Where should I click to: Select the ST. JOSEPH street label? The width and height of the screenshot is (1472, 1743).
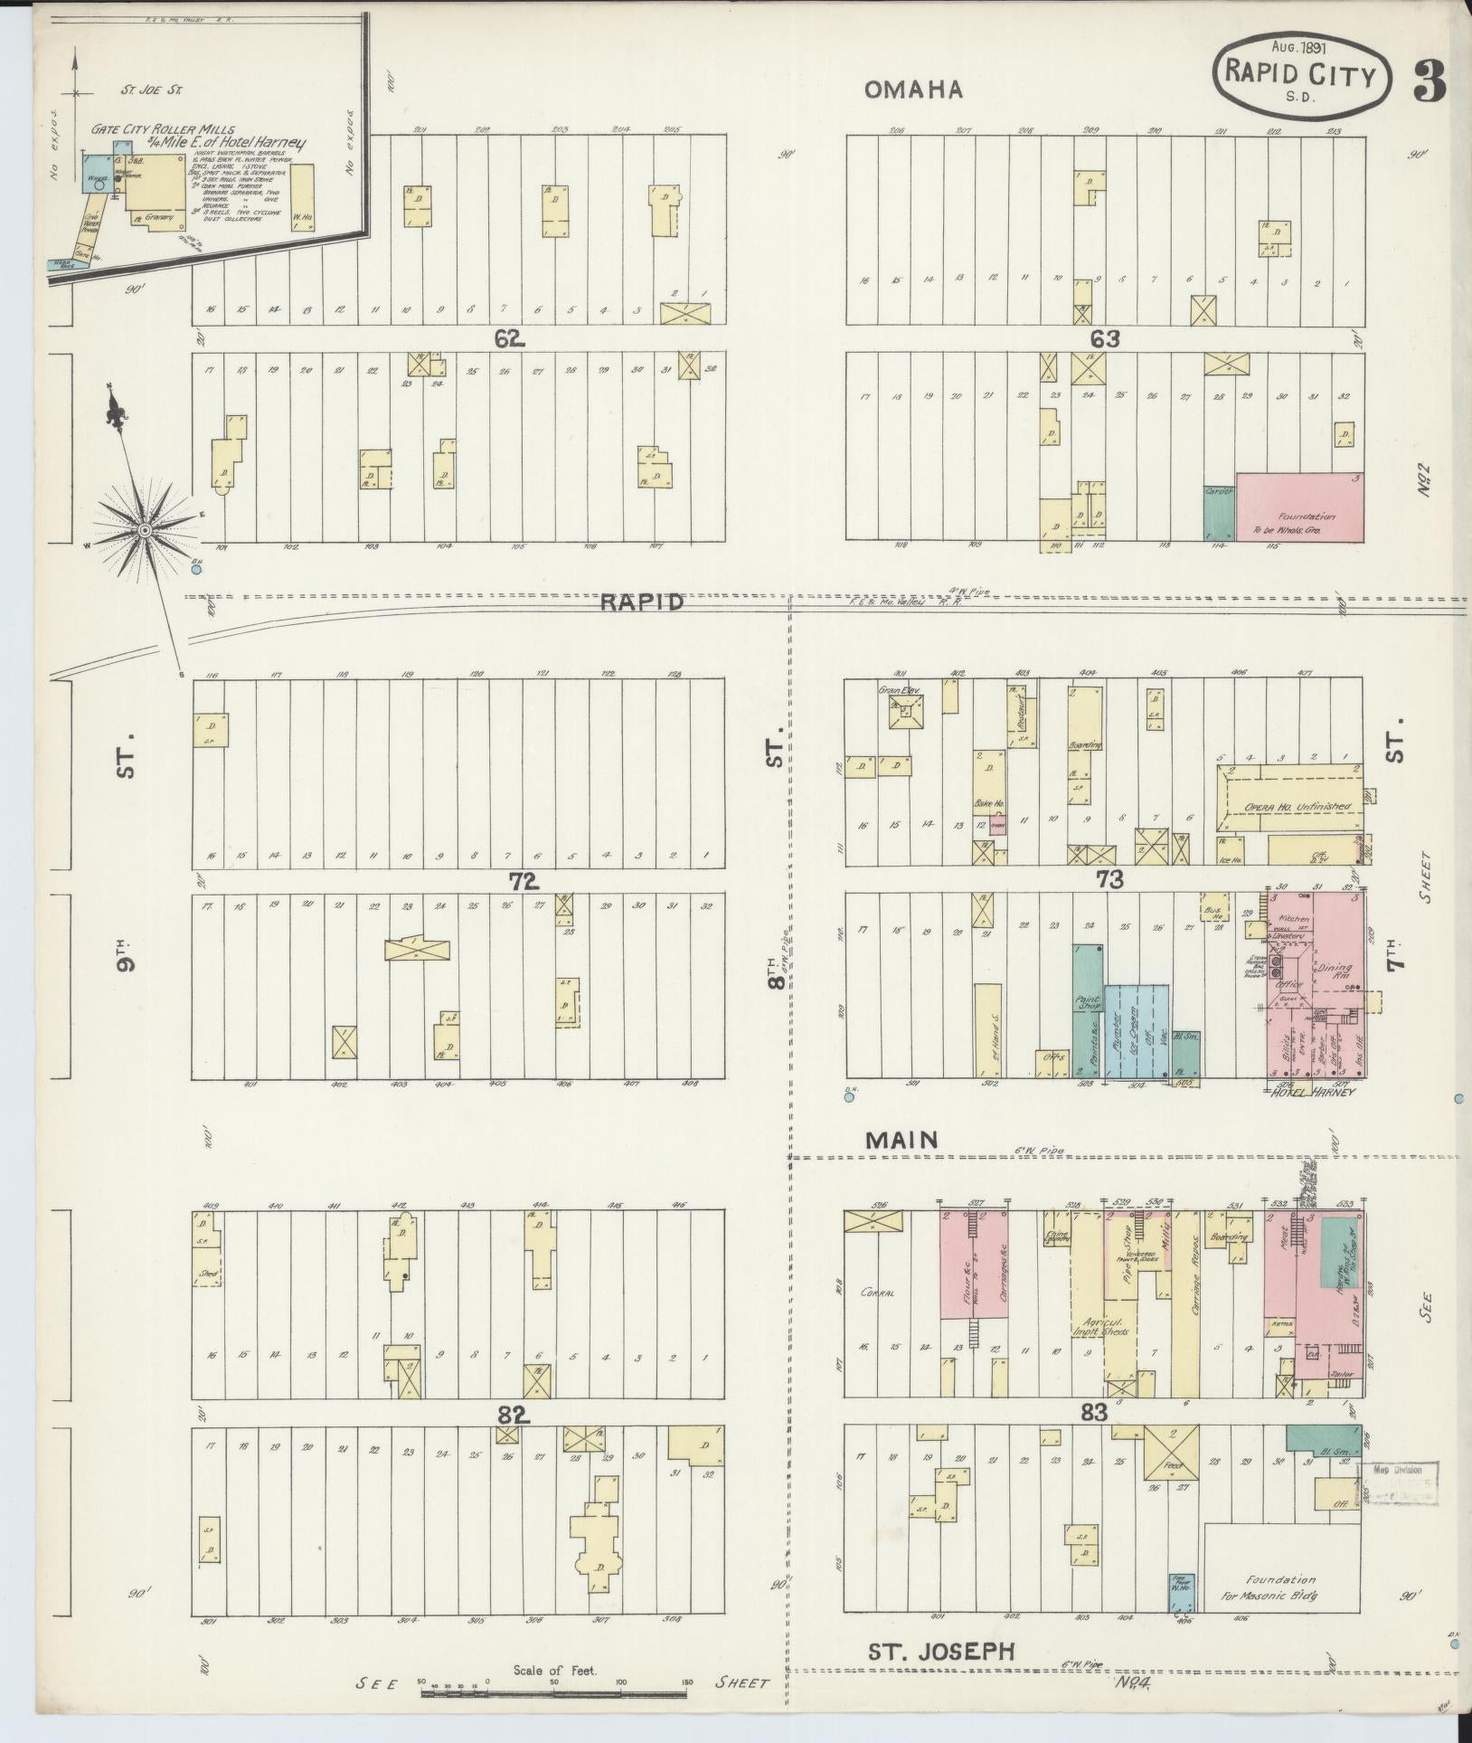tap(941, 1651)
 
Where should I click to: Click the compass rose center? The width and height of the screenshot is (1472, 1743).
tap(144, 529)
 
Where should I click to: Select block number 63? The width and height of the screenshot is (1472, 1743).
tap(1105, 338)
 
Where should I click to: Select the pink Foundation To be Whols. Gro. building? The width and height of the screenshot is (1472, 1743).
tap(1299, 506)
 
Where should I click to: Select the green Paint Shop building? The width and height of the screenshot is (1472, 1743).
tap(1087, 1009)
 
